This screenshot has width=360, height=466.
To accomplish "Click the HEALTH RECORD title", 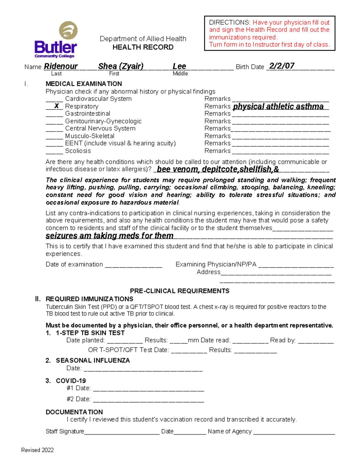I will [x=143, y=47].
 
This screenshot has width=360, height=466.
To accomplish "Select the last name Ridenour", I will [x=61, y=66].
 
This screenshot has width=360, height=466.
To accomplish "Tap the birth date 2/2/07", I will [x=281, y=66].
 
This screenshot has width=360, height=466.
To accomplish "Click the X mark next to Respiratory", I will [x=56, y=106].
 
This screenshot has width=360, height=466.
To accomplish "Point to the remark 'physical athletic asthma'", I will [x=278, y=107].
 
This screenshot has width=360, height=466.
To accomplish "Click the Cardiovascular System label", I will [x=98, y=99].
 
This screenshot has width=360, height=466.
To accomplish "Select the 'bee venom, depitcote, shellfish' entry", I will [x=218, y=169].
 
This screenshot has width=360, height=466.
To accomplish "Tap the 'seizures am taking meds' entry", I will [x=109, y=236].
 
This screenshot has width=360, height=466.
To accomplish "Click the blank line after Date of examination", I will [x=133, y=265].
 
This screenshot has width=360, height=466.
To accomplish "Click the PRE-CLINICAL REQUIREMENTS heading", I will [x=179, y=291].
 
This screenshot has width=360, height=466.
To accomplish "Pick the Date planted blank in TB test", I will [x=124, y=341].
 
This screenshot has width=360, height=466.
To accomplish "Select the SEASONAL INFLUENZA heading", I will [x=93, y=360].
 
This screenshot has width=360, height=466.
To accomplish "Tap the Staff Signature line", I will [x=121, y=432].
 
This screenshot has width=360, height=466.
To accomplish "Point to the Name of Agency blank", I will [x=294, y=432].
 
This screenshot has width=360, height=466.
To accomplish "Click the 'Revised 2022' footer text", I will [x=37, y=450].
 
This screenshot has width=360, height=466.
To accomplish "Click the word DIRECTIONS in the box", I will [x=229, y=23].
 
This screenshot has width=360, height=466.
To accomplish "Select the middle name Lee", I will [x=179, y=66].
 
